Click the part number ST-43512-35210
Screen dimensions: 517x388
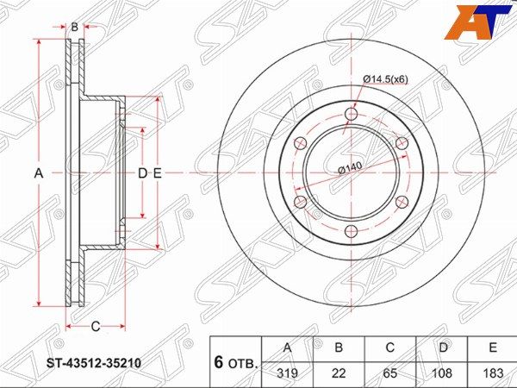[93, 364]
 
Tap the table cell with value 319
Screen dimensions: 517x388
[287, 373]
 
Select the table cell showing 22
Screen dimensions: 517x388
[339, 373]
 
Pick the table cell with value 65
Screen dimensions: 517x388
[389, 373]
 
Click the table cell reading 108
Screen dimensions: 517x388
[441, 373]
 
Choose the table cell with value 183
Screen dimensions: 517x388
[492, 373]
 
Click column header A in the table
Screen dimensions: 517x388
[287, 348]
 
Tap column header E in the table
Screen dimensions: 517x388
[492, 348]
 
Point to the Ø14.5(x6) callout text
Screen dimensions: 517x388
[385, 79]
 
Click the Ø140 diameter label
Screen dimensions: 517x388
[350, 167]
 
